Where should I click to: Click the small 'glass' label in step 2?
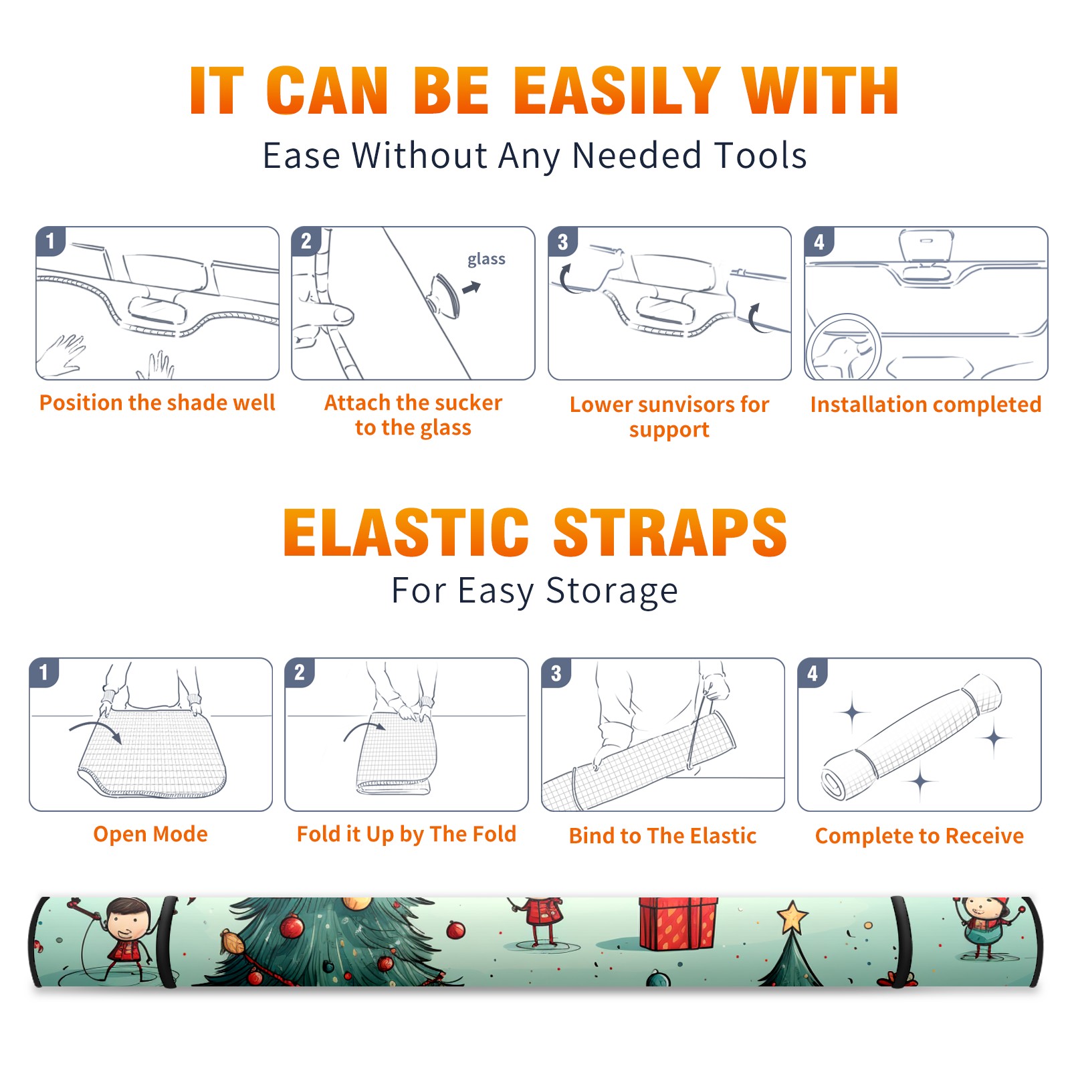pos(486,259)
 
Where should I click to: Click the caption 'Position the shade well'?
pos(157,403)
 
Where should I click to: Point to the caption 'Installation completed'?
pos(926,405)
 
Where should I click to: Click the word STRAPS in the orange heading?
pos(670,532)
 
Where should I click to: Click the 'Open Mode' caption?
pos(150,834)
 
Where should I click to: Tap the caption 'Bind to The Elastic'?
pos(663,836)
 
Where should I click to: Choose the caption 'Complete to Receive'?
pos(920,836)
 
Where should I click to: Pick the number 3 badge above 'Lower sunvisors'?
pos(562,242)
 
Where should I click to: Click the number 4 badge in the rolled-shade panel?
pos(813,673)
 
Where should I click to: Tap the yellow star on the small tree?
pos(792,917)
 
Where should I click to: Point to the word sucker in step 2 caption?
pos(471,403)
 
